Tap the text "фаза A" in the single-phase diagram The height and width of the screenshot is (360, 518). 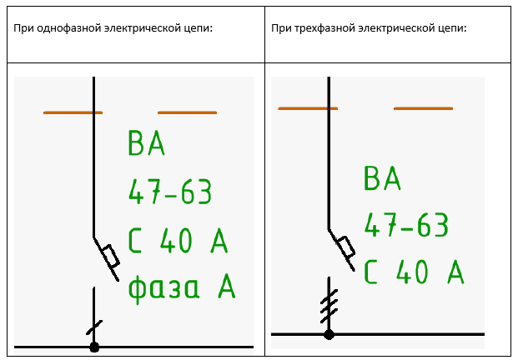(x=182, y=287)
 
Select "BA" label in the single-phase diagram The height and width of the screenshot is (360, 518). (x=146, y=142)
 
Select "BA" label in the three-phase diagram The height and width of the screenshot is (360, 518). (x=382, y=177)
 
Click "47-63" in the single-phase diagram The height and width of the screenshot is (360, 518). (x=170, y=192)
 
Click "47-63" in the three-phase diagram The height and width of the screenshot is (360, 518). (x=406, y=224)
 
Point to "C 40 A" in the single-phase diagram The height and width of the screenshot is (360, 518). (x=178, y=241)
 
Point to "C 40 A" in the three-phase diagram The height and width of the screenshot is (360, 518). (x=414, y=272)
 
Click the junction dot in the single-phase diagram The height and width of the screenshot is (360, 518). (x=94, y=347)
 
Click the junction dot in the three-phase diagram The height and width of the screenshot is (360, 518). (x=329, y=335)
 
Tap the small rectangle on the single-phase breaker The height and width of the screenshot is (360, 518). (x=110, y=256)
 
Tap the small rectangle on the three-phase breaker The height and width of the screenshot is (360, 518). (x=346, y=247)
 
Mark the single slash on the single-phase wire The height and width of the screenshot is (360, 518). (x=94, y=327)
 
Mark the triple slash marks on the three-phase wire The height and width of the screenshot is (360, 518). (x=329, y=306)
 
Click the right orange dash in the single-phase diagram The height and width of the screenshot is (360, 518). (x=188, y=112)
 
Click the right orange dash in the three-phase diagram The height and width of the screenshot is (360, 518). (x=423, y=108)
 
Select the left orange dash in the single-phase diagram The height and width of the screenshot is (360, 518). (x=73, y=112)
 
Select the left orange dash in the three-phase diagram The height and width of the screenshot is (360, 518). (x=308, y=108)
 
